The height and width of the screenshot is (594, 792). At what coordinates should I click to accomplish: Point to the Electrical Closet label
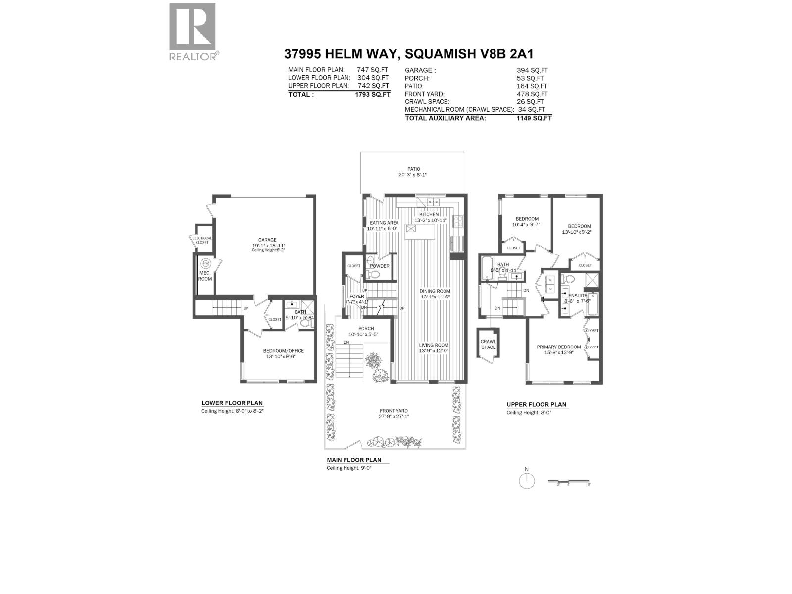pos(202,240)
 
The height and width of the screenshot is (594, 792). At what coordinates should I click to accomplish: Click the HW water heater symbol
pos(204,264)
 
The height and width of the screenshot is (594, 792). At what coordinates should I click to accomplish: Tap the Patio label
pos(414,169)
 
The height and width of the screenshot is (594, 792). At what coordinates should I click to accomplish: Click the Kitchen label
pos(429,214)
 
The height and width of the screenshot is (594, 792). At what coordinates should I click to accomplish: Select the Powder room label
pos(380,266)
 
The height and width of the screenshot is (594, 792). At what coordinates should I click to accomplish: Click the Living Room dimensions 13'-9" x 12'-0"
pos(434,351)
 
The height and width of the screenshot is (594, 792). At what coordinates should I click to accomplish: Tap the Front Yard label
pos(394,411)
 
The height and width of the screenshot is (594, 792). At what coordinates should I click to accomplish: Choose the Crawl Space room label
pos(488,344)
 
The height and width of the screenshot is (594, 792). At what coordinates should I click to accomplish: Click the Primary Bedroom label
pos(559,347)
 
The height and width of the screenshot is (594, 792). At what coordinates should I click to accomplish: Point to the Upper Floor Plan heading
pos(536,404)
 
